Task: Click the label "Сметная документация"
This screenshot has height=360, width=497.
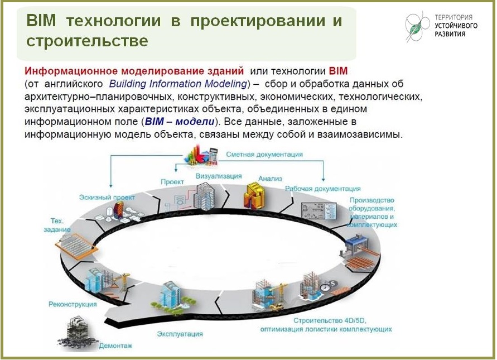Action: pos(264,154)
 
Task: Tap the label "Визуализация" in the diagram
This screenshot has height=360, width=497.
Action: pos(215,176)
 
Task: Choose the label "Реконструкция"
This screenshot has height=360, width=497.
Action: pos(73,305)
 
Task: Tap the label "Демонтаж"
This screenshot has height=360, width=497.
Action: pos(115,345)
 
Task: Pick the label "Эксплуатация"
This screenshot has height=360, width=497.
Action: pos(180,334)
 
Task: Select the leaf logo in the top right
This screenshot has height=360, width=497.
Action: pos(416,27)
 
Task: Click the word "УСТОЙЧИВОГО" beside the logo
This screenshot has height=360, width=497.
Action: pos(456,26)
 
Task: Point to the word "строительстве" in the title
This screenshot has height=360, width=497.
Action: pos(87,41)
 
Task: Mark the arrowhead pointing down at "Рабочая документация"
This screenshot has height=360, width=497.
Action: pos(323,180)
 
